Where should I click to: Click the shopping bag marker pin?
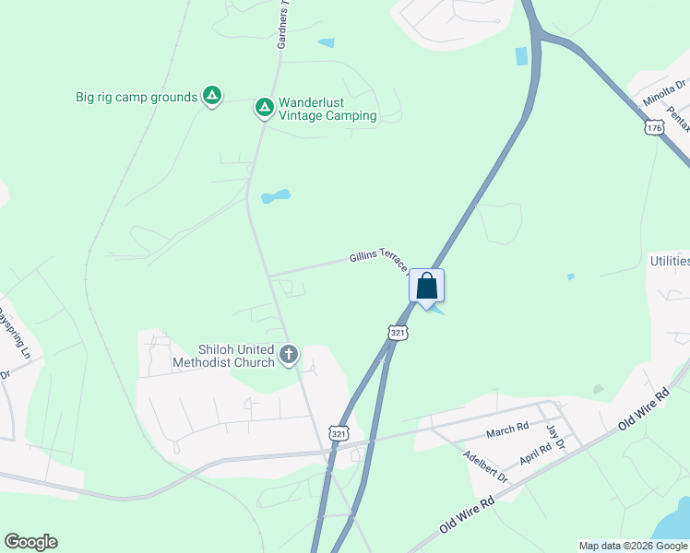[x=426, y=286]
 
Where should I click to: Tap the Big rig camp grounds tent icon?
[x=212, y=96]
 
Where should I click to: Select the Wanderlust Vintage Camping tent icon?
[x=264, y=108]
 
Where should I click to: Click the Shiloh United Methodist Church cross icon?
[x=289, y=354]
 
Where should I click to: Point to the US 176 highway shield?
[x=655, y=128]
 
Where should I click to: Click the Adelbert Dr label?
[x=485, y=466]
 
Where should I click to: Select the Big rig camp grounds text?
[x=137, y=97]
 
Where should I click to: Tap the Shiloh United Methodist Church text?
[x=223, y=356]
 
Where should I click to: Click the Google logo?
[x=30, y=542]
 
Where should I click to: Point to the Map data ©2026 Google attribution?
[x=633, y=546]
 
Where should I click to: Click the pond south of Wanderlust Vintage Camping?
[x=275, y=196]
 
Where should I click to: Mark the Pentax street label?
[x=679, y=118]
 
